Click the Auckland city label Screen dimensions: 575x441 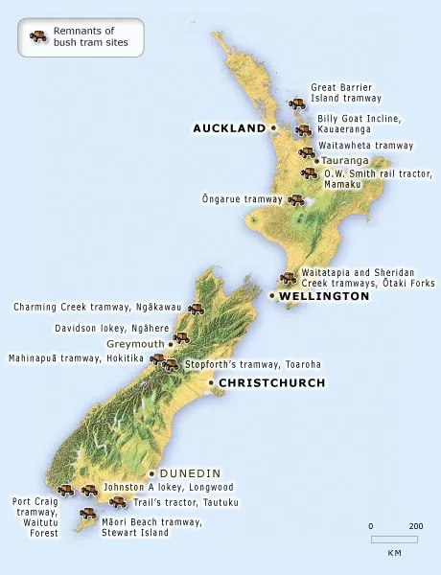coord(228,127)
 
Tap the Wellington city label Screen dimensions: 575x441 coord(325,297)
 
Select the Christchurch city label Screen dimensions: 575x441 coord(272,382)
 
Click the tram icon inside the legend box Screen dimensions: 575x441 coord(38,36)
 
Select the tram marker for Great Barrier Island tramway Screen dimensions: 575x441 coord(297,103)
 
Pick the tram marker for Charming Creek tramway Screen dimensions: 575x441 coord(197,309)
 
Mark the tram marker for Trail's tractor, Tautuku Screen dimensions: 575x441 coord(118,501)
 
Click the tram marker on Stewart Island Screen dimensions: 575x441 coord(87,515)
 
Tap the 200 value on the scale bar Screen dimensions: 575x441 coord(415,526)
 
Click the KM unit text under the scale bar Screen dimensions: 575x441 coord(394,553)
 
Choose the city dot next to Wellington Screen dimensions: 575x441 coord(272,297)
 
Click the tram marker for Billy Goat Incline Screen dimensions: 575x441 coord(304,130)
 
